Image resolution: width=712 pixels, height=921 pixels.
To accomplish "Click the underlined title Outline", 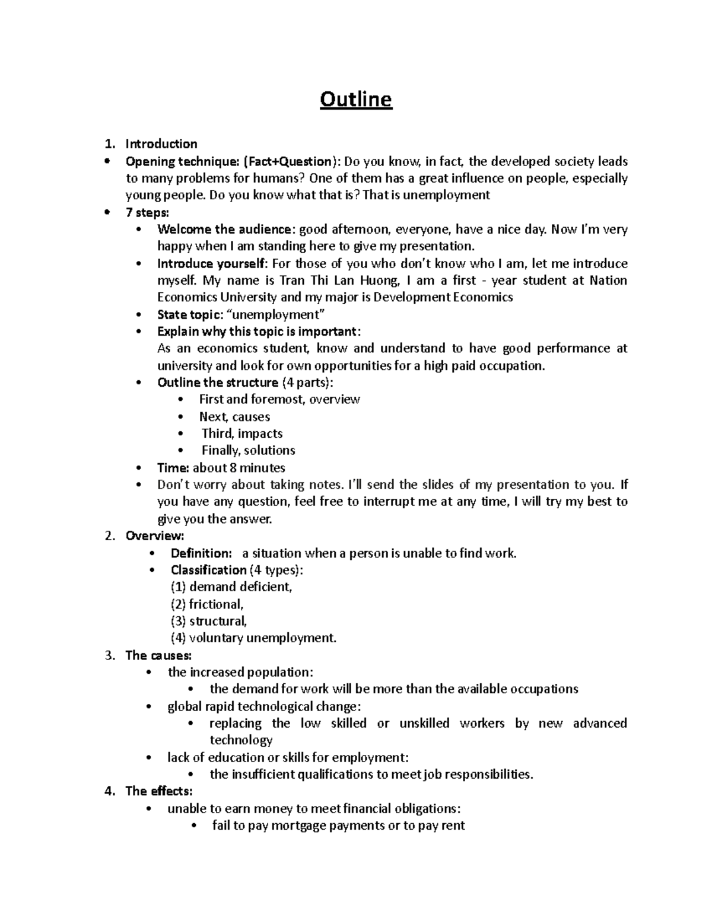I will coord(356,100).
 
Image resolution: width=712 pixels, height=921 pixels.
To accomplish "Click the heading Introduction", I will coord(161,144).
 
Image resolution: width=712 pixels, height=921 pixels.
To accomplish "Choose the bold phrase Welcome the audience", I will coord(224,230).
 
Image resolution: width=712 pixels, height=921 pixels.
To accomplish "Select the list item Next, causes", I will coord(234,417).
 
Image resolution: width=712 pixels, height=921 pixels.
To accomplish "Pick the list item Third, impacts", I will coord(242,434).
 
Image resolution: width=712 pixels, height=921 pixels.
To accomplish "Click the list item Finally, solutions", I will coord(248,451).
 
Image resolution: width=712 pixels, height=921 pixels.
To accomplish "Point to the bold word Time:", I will coord(173,468).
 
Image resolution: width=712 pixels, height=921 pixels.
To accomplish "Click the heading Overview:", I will coord(155,536).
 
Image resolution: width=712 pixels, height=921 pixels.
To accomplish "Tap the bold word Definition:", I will coord(201,553).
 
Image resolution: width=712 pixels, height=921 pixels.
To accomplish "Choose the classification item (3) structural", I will coord(208,621).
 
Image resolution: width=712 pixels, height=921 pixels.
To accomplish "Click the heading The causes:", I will coord(158,655).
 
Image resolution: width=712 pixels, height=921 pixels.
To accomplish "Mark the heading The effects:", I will coord(159,791).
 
